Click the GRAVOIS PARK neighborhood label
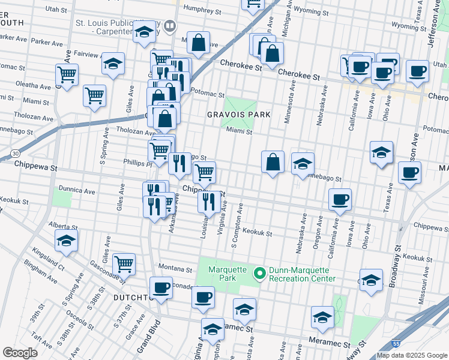245,114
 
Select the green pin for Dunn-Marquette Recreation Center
260,274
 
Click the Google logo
20,353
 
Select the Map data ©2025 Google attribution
412,355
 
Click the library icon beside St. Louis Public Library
171,26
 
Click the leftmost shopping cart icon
67,75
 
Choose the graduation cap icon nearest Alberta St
66,242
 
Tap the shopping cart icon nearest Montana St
124,263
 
